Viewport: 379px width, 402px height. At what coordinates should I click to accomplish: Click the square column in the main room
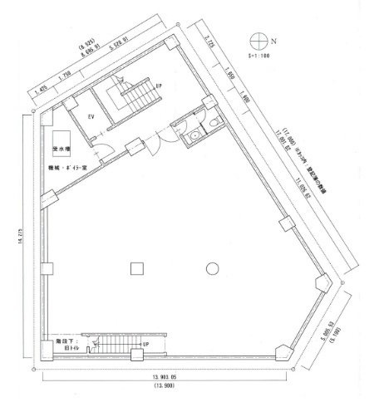(x=136, y=267)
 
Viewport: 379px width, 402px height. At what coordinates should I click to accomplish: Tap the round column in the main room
(x=213, y=267)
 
